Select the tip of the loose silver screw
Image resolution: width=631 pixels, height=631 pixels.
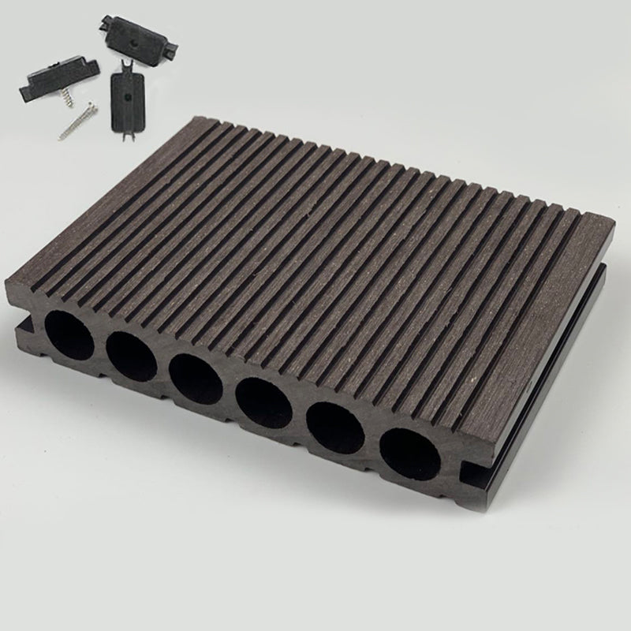click(x=60, y=138)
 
